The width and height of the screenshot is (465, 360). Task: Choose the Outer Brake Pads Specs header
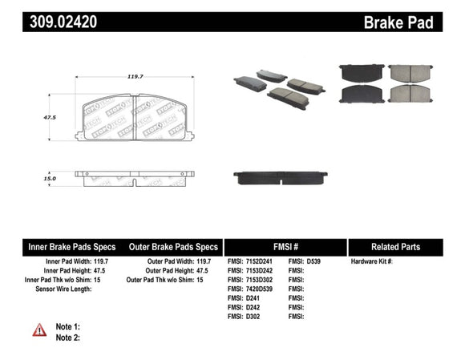click(173, 247)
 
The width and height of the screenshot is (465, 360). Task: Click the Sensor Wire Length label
click(58, 289)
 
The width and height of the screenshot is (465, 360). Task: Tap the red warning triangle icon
click(39, 330)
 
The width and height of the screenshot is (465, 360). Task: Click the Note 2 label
click(67, 338)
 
